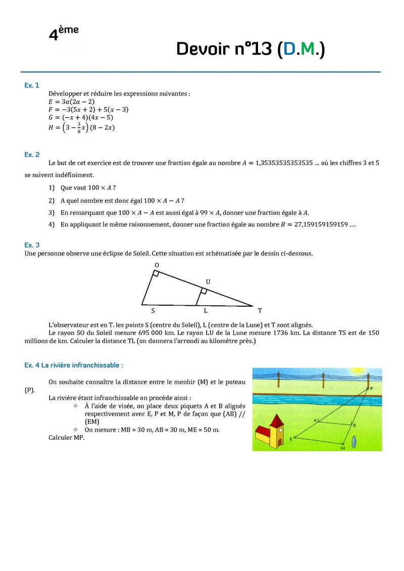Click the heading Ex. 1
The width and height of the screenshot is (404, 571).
coord(31,85)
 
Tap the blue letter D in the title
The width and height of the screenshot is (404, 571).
coord(289,49)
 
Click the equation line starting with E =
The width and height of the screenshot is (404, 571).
coord(70,101)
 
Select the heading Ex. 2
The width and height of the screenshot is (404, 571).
coord(32,154)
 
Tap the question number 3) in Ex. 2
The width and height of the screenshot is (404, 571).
coord(52,212)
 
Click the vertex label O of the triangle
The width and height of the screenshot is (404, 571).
coord(157,265)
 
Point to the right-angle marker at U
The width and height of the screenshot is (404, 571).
coord(204,291)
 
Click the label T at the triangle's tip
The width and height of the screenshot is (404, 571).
coord(260,311)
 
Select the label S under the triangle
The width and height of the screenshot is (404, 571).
coord(153,311)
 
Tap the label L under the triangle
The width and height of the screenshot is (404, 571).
coord(205,311)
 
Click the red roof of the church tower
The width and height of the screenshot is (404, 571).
coord(276,420)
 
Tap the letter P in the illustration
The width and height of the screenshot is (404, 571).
coord(372,388)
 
